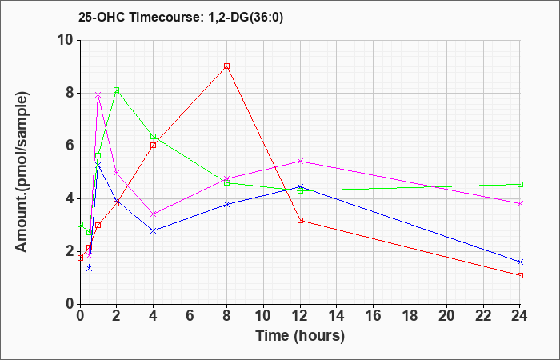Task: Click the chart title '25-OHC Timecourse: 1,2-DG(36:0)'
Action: tap(181, 18)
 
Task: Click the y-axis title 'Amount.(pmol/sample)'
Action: tap(22, 172)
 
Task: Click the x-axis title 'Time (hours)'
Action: tap(300, 336)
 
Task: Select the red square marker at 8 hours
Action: tap(226, 66)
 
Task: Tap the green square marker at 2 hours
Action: tap(117, 90)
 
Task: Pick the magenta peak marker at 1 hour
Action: tap(98, 95)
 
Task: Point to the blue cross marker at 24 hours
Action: tap(520, 262)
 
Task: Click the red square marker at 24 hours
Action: tap(520, 275)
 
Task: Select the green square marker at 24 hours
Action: tap(520, 184)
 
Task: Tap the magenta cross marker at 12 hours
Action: tap(300, 161)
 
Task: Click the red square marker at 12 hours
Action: tap(300, 220)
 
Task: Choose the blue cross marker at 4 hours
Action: tap(154, 231)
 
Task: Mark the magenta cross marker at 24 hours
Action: tap(520, 203)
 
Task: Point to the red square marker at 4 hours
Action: tap(154, 146)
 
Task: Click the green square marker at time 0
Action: tap(80, 224)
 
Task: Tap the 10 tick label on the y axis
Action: tap(66, 40)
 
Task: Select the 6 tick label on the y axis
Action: tap(70, 146)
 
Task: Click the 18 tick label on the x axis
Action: tap(410, 315)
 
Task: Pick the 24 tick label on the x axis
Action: tap(519, 315)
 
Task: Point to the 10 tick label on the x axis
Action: tap(263, 315)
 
